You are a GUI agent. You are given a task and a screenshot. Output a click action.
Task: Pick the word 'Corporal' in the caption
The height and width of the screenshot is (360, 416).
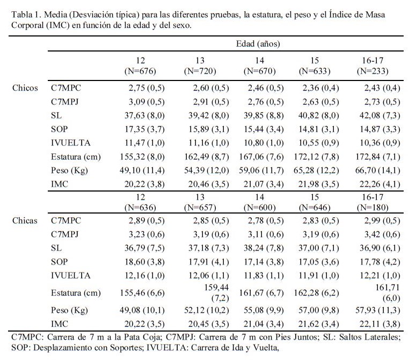tap(27, 25)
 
